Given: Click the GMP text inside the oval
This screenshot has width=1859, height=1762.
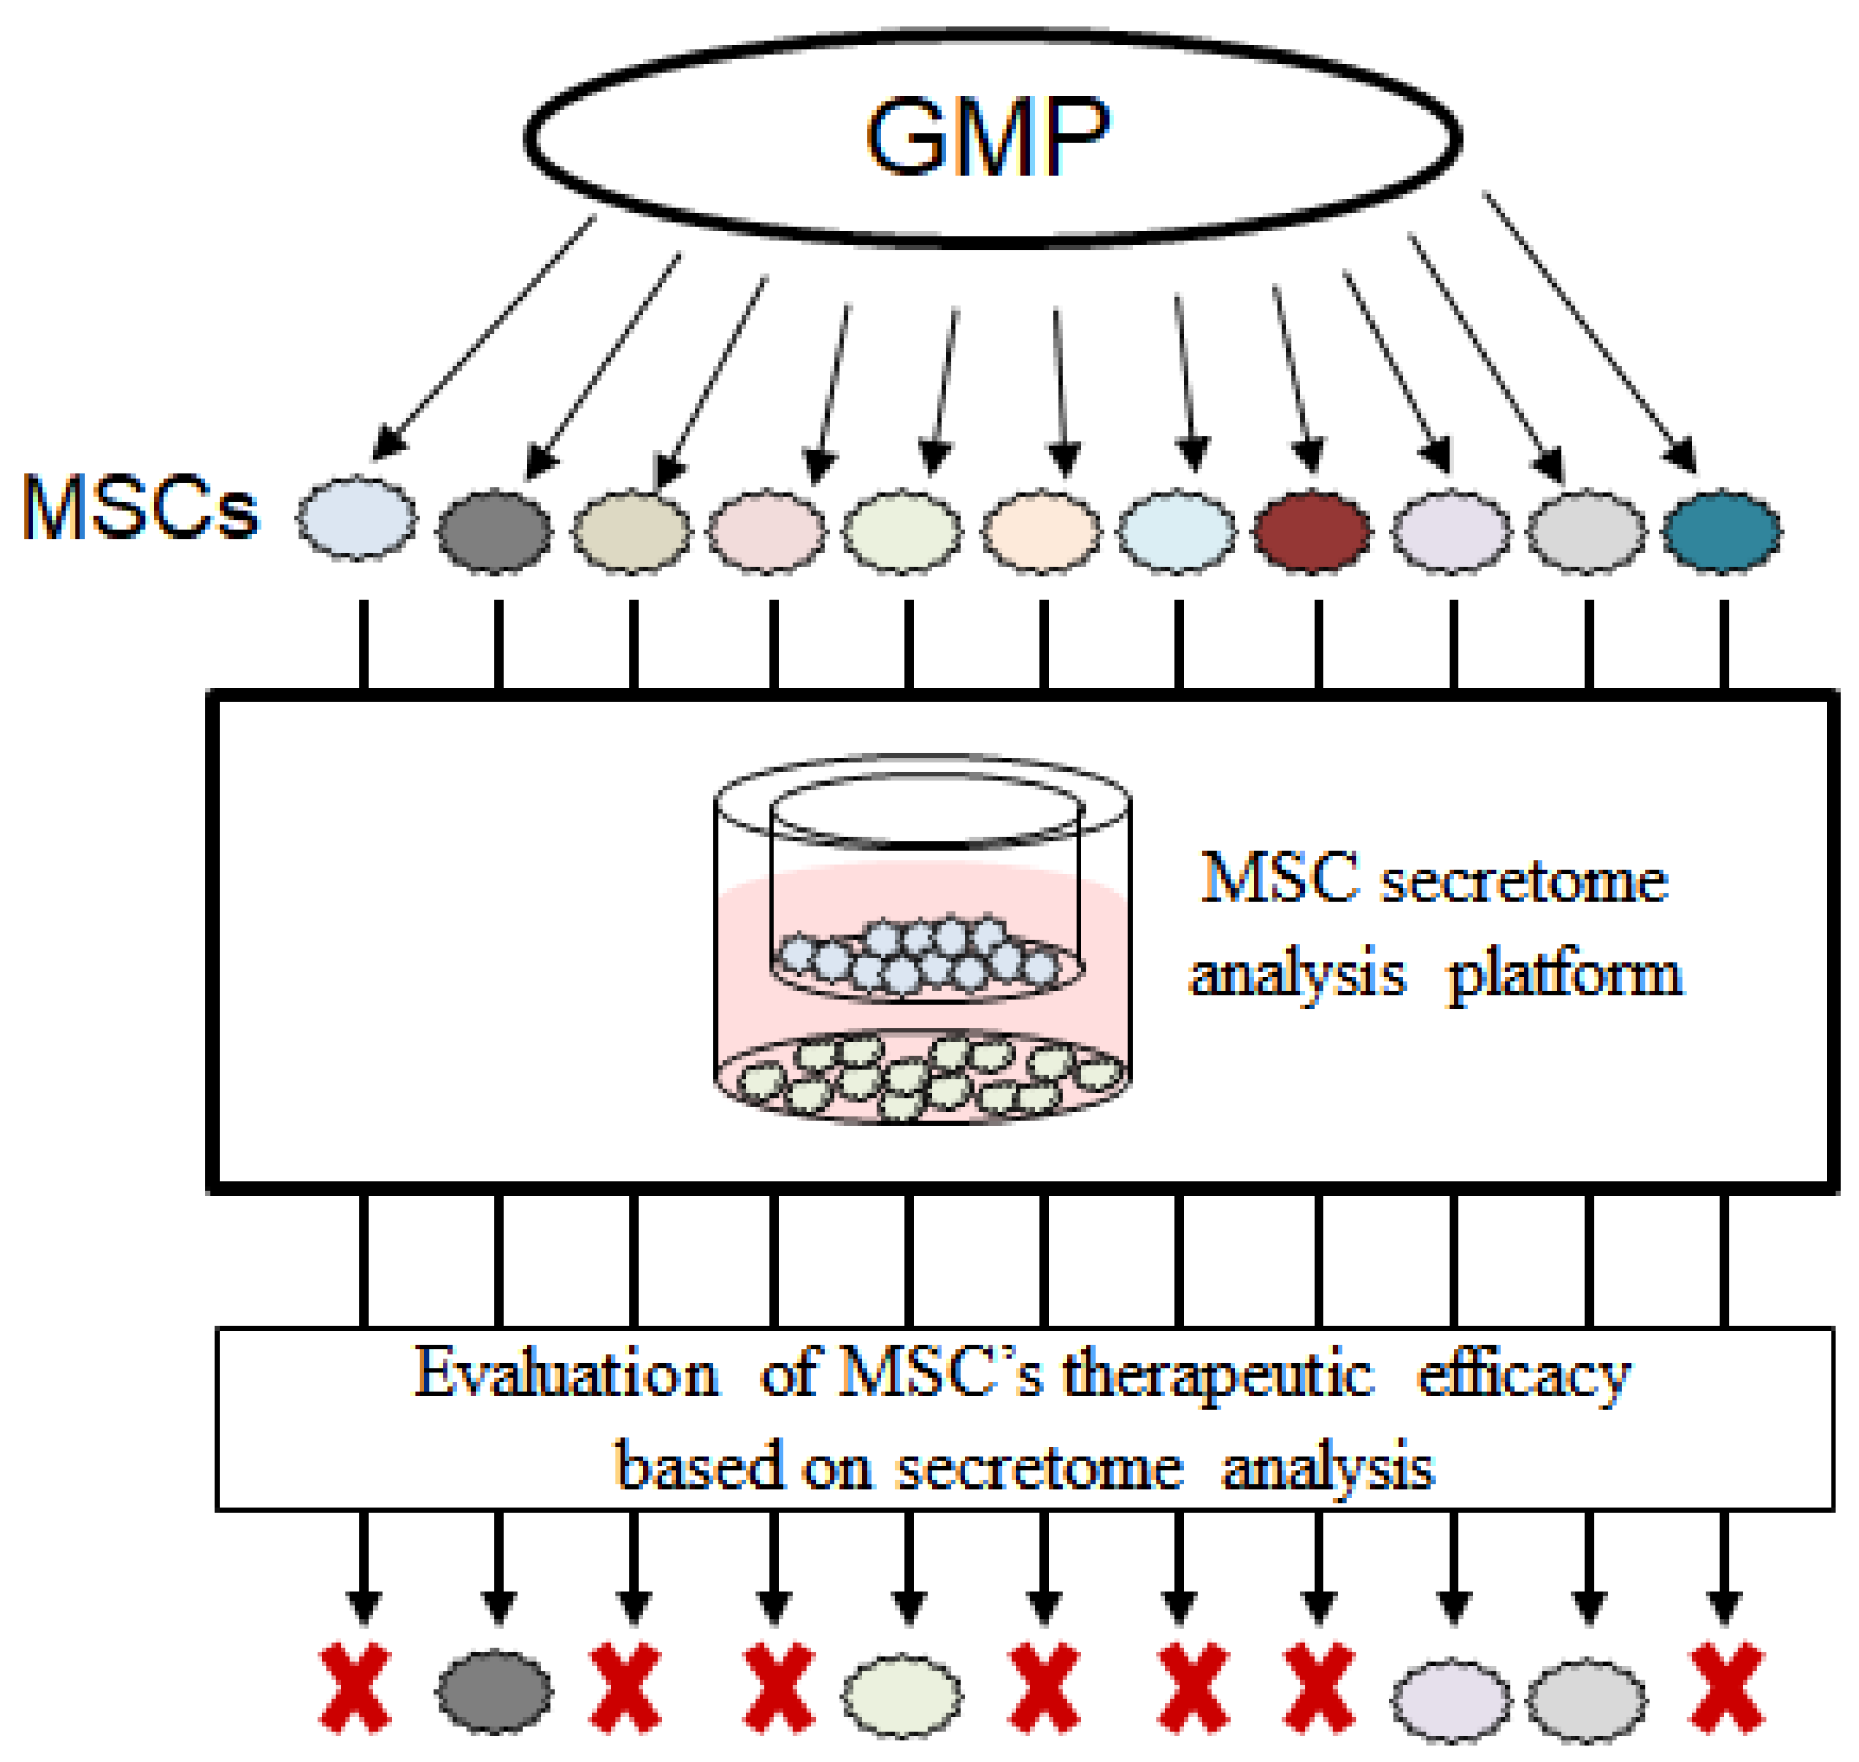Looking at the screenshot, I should point(987,138).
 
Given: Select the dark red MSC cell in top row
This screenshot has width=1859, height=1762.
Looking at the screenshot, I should point(1311,531).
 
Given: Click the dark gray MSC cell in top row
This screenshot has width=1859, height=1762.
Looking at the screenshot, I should point(494,531).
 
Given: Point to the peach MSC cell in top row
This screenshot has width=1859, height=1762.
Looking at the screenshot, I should point(1041,531).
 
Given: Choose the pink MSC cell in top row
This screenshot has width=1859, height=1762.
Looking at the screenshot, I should point(767,531).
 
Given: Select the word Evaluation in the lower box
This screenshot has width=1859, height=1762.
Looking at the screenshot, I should point(566,1373).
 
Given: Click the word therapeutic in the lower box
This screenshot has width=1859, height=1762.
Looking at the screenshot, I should point(1219,1373).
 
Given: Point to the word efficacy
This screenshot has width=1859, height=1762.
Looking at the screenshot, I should point(1524,1375).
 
